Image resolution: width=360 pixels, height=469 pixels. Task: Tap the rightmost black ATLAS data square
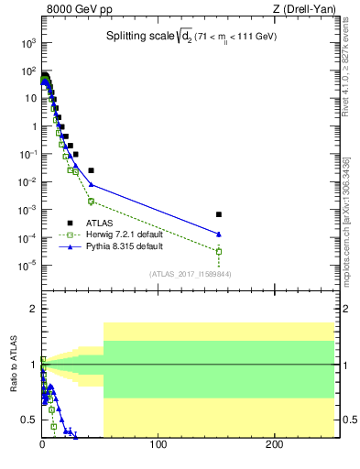(219, 214)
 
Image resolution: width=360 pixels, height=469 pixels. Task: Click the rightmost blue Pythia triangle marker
(219, 234)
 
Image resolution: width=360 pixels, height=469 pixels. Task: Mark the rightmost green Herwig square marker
(219, 251)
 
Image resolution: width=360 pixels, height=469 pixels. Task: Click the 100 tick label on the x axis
(158, 446)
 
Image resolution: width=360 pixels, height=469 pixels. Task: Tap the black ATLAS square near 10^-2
(91, 170)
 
